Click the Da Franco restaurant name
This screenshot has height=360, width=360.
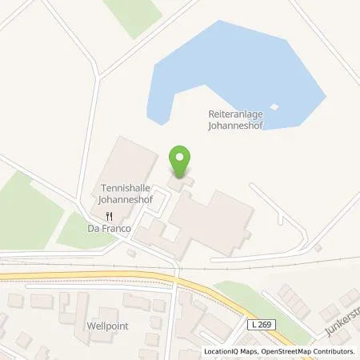coord(110,227)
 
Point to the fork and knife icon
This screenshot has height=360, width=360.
coord(110,215)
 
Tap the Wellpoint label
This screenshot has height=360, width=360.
coord(107,327)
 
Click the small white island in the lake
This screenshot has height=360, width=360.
coord(274,106)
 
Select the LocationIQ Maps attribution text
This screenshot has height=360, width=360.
coord(225,352)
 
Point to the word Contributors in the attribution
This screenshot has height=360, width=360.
coord(336,352)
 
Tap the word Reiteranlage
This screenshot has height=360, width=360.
coord(230,114)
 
